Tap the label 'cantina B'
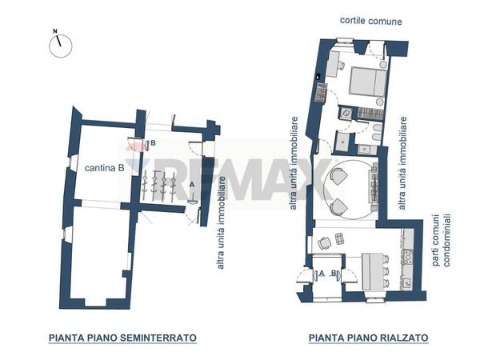click(105, 169)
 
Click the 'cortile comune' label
click(370, 21)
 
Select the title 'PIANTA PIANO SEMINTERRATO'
click(122, 338)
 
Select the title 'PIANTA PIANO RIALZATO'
click(368, 338)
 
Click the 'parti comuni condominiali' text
click(440, 240)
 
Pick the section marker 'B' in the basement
click(152, 143)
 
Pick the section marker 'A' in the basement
click(192, 185)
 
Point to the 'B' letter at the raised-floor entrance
click(333, 274)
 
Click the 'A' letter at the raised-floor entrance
click(321, 274)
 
